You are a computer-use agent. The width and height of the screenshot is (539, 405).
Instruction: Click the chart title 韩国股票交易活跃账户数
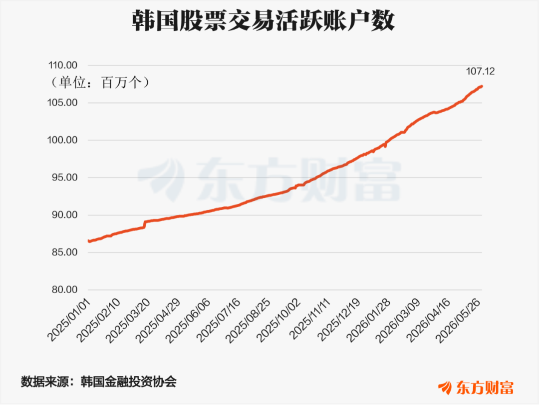coord(264,20)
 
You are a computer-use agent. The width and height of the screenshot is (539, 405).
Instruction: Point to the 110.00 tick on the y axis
coord(63,65)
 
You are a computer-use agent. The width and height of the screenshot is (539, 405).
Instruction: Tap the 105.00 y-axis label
coord(63,102)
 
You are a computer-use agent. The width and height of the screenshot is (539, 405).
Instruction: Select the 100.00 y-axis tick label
coord(63,140)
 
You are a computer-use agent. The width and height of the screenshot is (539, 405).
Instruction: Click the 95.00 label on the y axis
coord(65,177)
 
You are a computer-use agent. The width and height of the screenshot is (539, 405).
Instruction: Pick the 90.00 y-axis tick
coord(65,215)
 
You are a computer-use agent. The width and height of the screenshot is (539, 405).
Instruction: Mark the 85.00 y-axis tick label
coord(65,252)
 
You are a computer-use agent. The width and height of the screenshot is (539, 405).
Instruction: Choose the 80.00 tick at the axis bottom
coord(65,289)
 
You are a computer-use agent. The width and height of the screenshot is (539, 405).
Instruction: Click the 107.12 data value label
coord(480,71)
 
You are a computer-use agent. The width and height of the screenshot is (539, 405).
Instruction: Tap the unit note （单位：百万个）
coord(100,82)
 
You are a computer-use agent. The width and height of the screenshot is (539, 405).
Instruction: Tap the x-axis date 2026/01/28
coord(369,320)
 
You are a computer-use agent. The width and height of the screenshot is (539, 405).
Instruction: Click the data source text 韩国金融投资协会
coord(129,381)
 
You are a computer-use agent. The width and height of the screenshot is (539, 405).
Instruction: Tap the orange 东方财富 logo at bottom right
coord(476,388)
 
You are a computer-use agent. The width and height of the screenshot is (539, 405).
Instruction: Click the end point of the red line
coord(482,86)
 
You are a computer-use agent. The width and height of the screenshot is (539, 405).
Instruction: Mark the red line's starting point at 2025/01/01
coord(89,241)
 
